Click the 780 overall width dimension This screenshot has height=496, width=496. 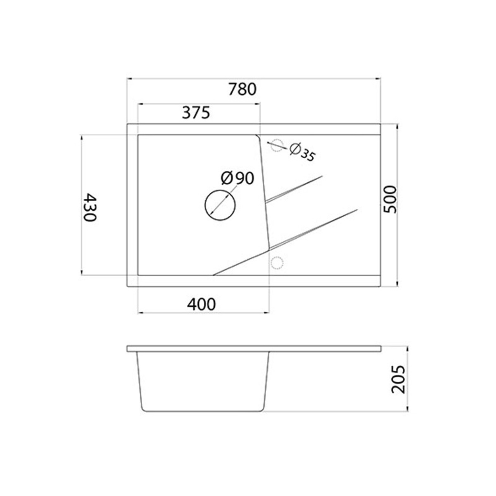243,89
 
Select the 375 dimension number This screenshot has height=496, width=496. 196,113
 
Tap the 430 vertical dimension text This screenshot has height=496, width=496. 90,207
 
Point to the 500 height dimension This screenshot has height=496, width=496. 390,200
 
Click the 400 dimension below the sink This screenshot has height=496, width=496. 201,304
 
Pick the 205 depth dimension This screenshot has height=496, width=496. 398,379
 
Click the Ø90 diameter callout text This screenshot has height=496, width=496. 237,178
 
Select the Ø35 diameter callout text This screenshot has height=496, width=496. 302,153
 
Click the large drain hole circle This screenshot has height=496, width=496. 220,205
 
